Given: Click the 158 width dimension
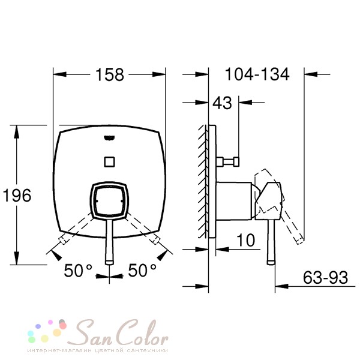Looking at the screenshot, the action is point(110,74).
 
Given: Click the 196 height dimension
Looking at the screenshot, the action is point(17,196).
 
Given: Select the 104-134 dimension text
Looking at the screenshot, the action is point(257,74).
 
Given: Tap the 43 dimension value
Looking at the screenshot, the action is point(222,103).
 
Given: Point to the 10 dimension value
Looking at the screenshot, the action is point(245,240).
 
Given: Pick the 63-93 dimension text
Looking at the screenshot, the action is point(325,277).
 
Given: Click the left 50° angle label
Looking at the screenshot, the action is point(78,270).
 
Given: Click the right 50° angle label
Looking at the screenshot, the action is point(142,270).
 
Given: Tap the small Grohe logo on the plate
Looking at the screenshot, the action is point(109,138).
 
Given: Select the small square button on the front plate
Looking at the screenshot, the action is point(109,162).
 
